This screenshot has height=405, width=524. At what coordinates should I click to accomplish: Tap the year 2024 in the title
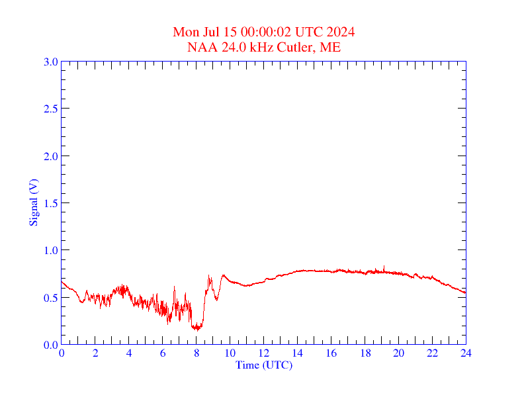click(x=340, y=32)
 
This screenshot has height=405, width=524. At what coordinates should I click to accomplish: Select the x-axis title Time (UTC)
click(x=263, y=365)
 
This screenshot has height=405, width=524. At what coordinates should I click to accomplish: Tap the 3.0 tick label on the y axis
click(x=50, y=62)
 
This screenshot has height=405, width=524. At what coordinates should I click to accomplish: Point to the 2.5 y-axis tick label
click(x=50, y=109)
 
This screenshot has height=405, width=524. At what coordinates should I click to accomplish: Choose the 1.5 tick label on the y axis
click(x=50, y=203)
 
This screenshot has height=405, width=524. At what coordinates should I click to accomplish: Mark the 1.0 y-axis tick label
click(x=50, y=250)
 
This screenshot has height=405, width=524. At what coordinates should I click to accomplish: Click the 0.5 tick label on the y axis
click(x=50, y=298)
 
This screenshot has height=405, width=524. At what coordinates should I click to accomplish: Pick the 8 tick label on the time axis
click(x=196, y=353)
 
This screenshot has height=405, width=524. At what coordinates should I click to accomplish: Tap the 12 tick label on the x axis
click(x=264, y=353)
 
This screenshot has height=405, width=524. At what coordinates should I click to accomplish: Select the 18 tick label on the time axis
click(x=365, y=353)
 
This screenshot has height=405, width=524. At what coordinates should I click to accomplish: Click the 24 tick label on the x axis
click(x=466, y=353)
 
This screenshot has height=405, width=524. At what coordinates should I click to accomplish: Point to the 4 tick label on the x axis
click(x=129, y=353)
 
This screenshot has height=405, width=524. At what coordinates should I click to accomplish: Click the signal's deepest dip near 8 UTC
click(x=196, y=329)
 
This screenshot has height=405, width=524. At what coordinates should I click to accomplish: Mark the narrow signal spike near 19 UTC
click(x=383, y=267)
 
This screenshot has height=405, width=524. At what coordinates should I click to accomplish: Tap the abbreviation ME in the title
click(x=331, y=47)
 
